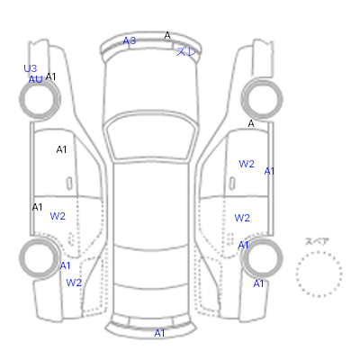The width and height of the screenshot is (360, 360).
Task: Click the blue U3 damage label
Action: [x=31, y=68]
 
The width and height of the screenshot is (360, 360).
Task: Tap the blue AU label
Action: [x=35, y=80]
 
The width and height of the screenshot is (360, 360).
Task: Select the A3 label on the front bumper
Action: [x=130, y=40]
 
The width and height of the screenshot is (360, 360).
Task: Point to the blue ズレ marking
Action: [x=186, y=52]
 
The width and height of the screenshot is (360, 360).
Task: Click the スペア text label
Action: [x=317, y=241]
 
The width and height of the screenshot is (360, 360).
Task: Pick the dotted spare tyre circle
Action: [x=319, y=252]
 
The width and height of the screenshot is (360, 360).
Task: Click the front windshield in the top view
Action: [x=151, y=136]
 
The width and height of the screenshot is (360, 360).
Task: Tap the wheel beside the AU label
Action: [x=40, y=82]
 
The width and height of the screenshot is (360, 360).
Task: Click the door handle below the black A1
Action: [x=69, y=184]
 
